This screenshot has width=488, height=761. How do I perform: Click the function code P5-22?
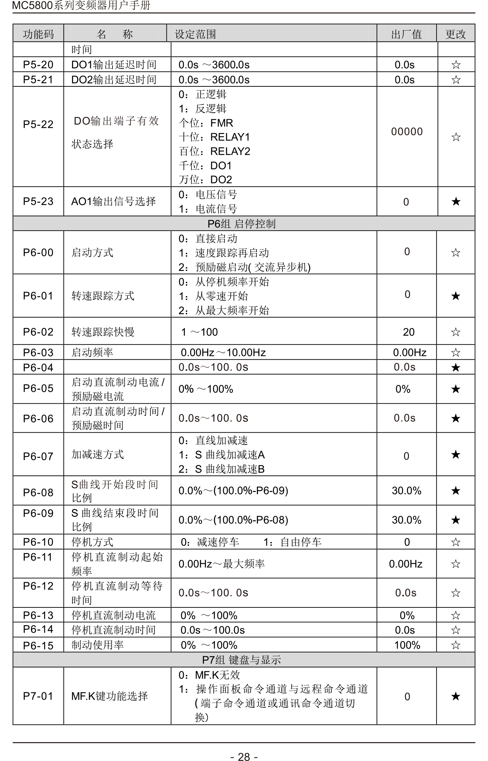38,124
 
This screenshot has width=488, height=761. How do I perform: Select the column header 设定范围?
195,34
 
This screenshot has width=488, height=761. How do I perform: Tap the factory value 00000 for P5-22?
407,132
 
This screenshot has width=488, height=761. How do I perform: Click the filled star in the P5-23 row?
456,201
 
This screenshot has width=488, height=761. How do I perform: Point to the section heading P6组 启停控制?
242,224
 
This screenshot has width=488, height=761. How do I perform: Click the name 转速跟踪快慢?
103,332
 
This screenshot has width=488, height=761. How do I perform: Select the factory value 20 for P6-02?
409,332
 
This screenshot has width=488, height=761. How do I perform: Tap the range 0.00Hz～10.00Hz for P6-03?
223,352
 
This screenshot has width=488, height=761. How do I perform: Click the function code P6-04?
38,367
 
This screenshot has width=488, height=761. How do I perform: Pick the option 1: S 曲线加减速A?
222,455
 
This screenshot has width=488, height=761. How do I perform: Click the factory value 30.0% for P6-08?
407,491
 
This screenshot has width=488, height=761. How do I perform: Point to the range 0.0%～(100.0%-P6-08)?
233,520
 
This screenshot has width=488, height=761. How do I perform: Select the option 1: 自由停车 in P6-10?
292,542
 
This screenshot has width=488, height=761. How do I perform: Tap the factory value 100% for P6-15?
407,645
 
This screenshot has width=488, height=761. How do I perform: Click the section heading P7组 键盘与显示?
242,660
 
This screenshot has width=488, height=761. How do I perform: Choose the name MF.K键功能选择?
109,696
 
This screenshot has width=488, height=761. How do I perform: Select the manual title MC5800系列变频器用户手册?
81,6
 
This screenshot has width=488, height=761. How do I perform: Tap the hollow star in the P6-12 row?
456,593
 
